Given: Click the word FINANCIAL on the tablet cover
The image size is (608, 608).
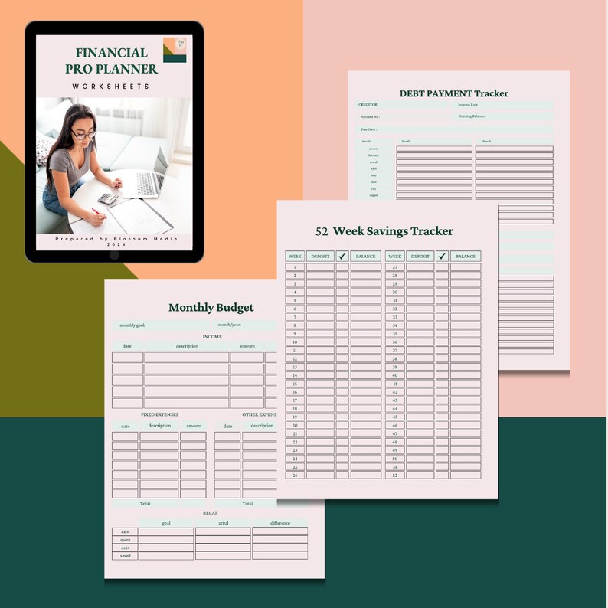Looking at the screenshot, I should [111, 53].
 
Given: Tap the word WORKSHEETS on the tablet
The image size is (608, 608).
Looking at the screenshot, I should [112, 87].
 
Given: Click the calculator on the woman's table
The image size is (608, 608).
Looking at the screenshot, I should [108, 198].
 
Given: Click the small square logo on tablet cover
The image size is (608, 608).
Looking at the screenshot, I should [175, 50].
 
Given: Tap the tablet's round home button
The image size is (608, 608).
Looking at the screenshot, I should [114, 254].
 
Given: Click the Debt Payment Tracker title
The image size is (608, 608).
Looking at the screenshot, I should [453, 93].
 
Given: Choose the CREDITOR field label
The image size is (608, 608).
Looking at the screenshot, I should [368, 104].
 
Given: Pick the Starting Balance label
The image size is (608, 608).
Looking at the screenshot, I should [472, 116].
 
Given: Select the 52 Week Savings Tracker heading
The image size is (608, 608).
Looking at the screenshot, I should [384, 230].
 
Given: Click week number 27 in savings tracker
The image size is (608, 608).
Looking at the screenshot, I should [394, 267].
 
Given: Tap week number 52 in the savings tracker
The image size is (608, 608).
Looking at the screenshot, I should [394, 476].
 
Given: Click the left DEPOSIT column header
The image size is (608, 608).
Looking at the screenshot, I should [320, 256].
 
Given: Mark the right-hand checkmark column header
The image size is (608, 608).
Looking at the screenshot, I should [442, 256].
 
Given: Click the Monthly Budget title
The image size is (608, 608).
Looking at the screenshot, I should [211, 307].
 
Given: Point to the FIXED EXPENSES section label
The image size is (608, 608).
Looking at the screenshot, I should [159, 414].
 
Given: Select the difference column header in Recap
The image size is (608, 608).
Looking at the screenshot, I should [279, 523].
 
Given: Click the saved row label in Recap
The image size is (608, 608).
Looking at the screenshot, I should [124, 556].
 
